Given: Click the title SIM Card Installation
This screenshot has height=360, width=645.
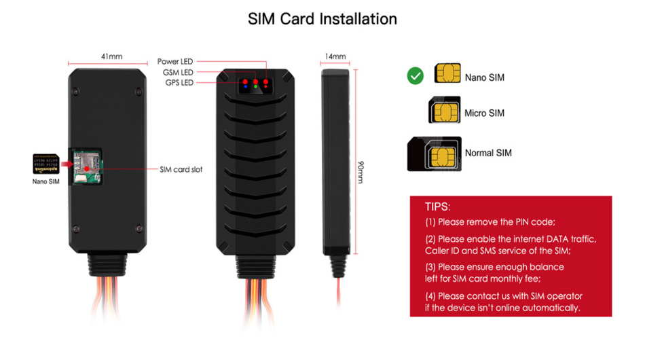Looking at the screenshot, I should coord(322,18).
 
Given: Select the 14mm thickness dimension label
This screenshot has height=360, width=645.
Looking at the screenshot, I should coord(335,56).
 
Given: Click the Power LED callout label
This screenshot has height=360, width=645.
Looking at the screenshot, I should coord(175,62).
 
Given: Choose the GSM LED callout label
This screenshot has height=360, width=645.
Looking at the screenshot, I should coord(178,73).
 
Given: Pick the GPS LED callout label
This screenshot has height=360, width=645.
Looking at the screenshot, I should coord(179,83).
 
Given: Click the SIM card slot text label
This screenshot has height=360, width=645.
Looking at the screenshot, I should coord(181,169).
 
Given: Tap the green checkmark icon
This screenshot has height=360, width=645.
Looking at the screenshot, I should coord(415,76).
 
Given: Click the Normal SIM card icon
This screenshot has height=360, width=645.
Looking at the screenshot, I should coord(434,154).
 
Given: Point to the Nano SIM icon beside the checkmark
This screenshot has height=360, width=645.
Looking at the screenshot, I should coord(447,74).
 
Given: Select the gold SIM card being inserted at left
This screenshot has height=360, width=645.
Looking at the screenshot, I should coord(45,164).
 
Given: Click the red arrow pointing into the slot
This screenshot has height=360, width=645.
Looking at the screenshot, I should coord(65,164).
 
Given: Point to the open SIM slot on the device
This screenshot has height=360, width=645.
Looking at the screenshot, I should coord(86,166).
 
